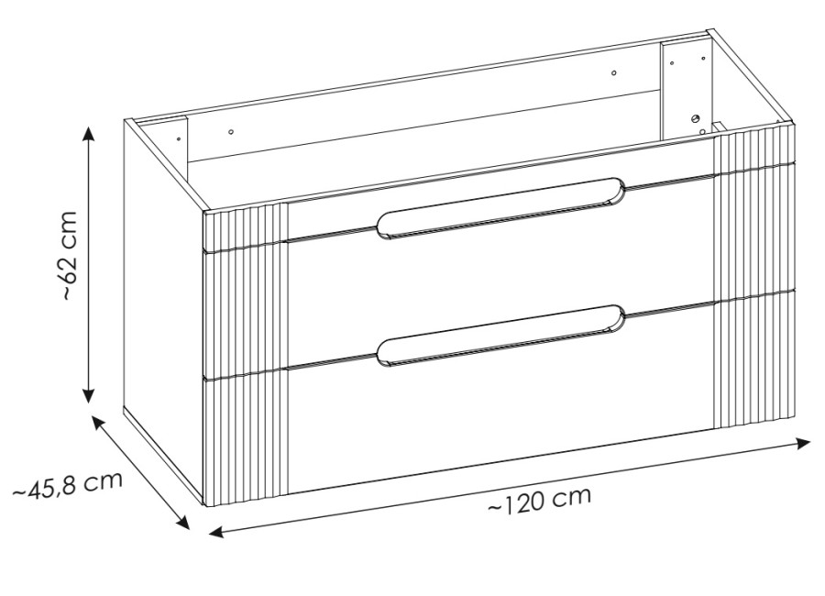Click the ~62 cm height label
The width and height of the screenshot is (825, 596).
coord(70,256)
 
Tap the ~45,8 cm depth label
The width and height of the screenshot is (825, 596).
coord(67,485)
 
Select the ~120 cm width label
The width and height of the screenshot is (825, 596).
coord(539,500)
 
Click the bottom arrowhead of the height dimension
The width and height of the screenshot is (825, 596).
coord(89,395)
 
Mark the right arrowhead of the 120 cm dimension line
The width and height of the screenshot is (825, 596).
coord(803,444)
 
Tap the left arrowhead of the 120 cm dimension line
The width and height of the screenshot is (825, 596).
coord(216,532)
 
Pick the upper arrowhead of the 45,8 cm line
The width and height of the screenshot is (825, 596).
coord(98,423)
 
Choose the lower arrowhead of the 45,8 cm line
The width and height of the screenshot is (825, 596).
coord(182,521)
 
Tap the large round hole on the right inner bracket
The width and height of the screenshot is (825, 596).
coord(696,119)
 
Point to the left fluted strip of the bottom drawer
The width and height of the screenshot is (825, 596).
coord(246,438)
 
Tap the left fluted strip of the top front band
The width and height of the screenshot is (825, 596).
coord(246,226)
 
